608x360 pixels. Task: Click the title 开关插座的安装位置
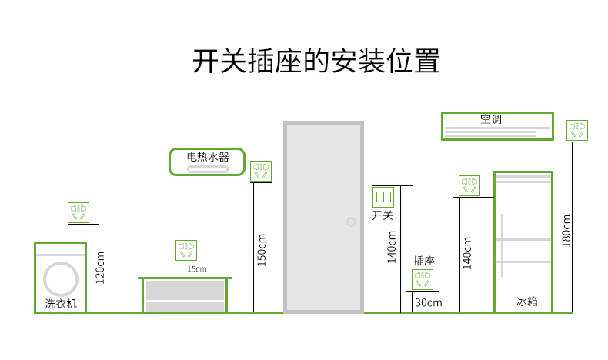click(x=316, y=61)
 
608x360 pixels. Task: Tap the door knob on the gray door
click(x=351, y=222)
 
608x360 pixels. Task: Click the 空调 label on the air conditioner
click(x=491, y=119)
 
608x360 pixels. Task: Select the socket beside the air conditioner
click(x=577, y=130)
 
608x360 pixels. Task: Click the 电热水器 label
click(x=208, y=157)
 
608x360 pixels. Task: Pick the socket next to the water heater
click(x=261, y=171)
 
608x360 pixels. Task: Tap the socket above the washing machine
click(x=79, y=212)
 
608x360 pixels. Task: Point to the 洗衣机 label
click(x=61, y=303)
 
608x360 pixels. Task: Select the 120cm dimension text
click(x=100, y=268)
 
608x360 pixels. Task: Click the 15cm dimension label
click(x=197, y=269)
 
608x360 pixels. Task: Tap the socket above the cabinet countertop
click(x=186, y=250)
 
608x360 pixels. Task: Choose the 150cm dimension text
click(x=262, y=250)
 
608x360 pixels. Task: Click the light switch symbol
click(x=383, y=197)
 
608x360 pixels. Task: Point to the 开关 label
click(x=383, y=215)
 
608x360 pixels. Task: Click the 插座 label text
click(x=424, y=261)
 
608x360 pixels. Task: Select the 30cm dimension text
click(x=429, y=302)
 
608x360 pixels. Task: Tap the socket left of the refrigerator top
click(x=469, y=185)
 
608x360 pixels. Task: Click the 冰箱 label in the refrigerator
click(x=527, y=301)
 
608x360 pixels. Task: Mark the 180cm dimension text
click(x=566, y=231)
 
